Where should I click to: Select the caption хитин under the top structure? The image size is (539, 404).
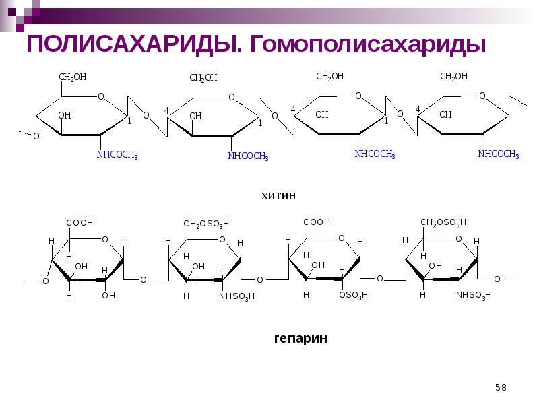[278, 196]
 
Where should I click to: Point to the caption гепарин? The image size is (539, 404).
[300, 338]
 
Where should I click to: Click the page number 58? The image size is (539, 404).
[501, 386]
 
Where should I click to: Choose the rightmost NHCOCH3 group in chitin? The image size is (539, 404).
[499, 155]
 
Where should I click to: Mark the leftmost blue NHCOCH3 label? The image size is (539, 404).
[117, 156]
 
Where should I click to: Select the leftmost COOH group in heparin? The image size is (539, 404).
[80, 223]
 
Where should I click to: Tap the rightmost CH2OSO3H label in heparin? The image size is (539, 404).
[443, 223]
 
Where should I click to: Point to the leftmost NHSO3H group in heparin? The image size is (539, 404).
[238, 296]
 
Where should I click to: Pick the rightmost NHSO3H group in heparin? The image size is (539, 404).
[474, 296]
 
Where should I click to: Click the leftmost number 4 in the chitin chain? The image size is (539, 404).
[166, 110]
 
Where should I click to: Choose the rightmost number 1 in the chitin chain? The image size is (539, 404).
[386, 122]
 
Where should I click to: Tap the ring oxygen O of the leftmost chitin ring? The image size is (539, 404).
[101, 96]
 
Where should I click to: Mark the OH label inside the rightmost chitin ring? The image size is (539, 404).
[445, 115]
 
